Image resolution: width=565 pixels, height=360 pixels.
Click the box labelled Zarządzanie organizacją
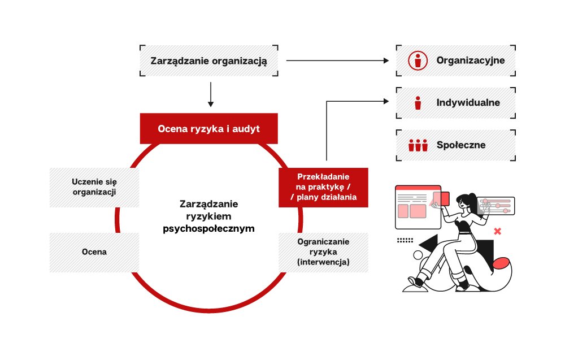tap(208, 61)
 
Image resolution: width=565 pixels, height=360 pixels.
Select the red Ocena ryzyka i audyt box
tap(209, 129)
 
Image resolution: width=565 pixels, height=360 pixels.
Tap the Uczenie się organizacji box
tap(94, 187)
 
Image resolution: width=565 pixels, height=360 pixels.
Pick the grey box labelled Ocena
tap(94, 252)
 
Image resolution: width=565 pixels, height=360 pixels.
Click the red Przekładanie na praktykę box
tap(323, 187)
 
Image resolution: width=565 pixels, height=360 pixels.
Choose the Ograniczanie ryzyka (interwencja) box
tap(323, 252)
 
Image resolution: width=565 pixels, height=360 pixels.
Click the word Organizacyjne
tap(470, 60)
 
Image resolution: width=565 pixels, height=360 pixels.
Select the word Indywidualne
tap(468, 103)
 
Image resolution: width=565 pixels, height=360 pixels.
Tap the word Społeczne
tap(461, 145)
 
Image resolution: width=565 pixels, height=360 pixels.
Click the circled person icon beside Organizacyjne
tap(418, 60)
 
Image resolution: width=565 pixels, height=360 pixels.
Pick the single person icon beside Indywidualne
tap(418, 103)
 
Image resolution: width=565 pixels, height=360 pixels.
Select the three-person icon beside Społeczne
tap(418, 145)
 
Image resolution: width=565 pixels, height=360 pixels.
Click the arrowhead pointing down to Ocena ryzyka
tap(211, 104)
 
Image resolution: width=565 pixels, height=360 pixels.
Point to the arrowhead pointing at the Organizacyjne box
tap(386, 60)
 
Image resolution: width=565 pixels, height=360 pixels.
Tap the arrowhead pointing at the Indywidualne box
tap(386, 101)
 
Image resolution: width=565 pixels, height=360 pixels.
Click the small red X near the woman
tap(498, 231)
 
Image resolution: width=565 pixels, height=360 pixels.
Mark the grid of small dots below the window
tap(405, 240)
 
